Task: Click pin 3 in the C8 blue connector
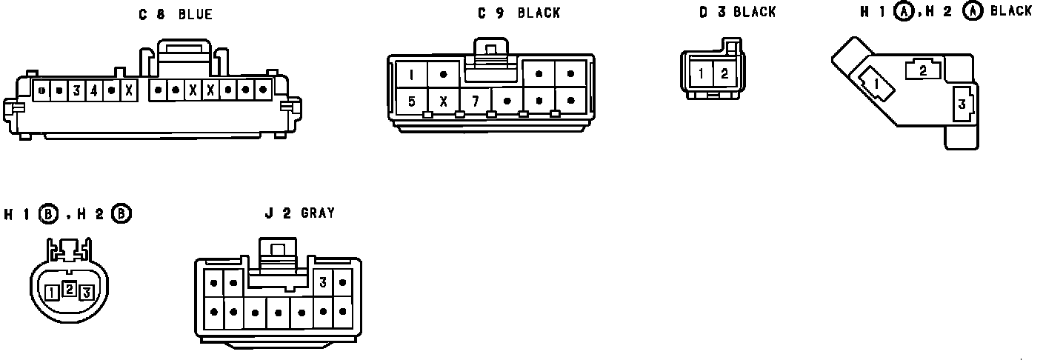click(x=76, y=91)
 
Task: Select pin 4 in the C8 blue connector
click(x=93, y=91)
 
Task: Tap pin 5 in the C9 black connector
click(x=411, y=101)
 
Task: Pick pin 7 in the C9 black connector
click(x=475, y=101)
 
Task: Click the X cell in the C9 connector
click(x=443, y=101)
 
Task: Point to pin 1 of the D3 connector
click(x=701, y=73)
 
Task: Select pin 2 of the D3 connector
click(x=724, y=73)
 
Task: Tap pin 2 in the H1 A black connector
click(x=923, y=70)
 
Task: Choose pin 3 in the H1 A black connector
click(x=962, y=104)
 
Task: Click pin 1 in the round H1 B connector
click(x=51, y=293)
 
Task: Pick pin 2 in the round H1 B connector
click(x=68, y=289)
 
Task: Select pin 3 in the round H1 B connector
click(x=86, y=293)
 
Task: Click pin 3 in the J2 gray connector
click(x=323, y=282)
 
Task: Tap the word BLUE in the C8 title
click(x=195, y=15)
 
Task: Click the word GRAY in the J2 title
click(x=318, y=213)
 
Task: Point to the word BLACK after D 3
click(x=755, y=12)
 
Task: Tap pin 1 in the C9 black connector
click(x=411, y=75)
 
